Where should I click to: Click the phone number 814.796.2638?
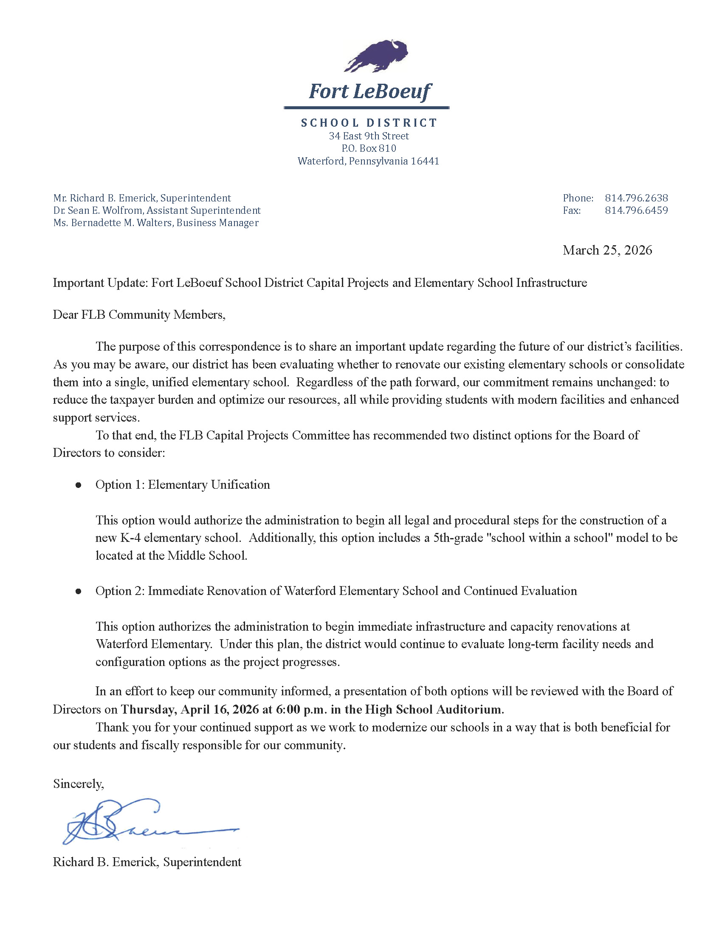636,198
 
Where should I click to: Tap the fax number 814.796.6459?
636,210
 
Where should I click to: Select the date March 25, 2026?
607,250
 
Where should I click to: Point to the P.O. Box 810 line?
369,148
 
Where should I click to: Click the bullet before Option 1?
78,485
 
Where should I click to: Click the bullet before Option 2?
78,591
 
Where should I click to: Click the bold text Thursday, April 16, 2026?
190,709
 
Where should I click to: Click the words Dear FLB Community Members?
138,314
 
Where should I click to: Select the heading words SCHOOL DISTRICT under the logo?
369,123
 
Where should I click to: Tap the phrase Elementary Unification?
209,484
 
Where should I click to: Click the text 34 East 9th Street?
369,136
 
